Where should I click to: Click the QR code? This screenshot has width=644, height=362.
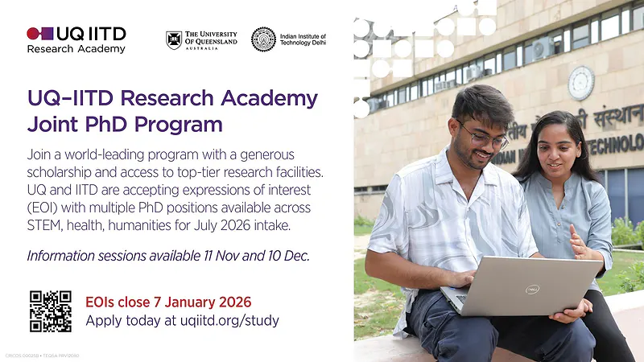[51, 311]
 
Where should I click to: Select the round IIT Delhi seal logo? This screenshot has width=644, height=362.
[263, 39]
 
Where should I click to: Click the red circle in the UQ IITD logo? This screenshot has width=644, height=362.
[33, 34]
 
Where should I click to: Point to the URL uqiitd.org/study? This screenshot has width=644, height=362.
[230, 320]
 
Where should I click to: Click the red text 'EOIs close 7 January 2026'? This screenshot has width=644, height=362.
[168, 302]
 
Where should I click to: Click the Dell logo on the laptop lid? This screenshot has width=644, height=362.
[531, 289]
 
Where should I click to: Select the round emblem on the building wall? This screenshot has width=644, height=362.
[580, 82]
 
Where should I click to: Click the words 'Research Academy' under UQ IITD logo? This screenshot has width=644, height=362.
[76, 49]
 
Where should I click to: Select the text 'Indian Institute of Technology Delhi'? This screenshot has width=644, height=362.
[303, 39]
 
